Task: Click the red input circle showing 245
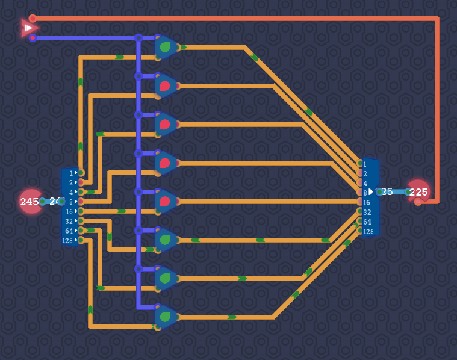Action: (x=30, y=202)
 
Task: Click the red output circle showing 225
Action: (x=418, y=192)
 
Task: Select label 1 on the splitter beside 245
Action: (x=70, y=173)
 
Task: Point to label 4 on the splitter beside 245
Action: (x=70, y=192)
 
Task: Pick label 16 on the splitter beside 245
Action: (x=69, y=211)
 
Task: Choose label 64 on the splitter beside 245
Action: (x=69, y=231)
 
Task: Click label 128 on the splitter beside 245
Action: (x=67, y=240)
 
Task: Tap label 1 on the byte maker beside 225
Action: (x=365, y=164)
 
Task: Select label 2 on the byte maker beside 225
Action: (x=365, y=173)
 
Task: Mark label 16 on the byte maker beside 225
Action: (x=367, y=202)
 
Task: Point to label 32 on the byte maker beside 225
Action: (x=367, y=212)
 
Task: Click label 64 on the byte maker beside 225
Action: (x=367, y=222)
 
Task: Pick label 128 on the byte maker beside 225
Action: (x=368, y=231)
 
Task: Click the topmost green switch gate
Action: (x=166, y=47)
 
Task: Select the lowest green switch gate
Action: (x=166, y=317)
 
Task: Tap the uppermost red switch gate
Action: (x=166, y=85)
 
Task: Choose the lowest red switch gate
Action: (x=166, y=201)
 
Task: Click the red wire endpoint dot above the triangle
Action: (x=33, y=19)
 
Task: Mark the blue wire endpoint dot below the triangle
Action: (x=33, y=38)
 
